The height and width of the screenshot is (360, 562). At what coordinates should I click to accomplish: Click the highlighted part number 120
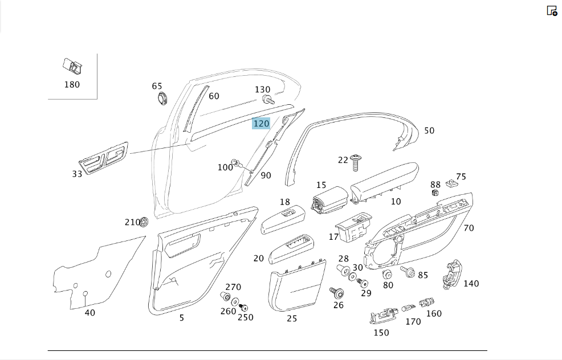tap(261, 124)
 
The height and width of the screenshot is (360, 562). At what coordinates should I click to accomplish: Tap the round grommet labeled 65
tap(163, 97)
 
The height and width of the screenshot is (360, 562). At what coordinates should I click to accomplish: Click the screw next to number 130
tap(268, 100)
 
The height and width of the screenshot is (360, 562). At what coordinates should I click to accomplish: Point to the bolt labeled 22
tap(356, 162)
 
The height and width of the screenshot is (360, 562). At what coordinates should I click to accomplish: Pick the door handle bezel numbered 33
tap(104, 158)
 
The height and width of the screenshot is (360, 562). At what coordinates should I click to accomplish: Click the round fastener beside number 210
tap(144, 222)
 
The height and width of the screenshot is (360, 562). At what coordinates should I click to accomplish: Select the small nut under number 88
tap(435, 193)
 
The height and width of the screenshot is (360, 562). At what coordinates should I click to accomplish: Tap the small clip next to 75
tap(452, 184)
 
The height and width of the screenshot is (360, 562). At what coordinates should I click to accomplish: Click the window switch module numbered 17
tap(354, 227)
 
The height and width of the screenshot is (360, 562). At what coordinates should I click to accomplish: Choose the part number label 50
tap(429, 131)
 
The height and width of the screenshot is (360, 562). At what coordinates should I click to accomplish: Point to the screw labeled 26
tap(337, 293)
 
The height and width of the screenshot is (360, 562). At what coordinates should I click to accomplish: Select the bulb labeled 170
tap(408, 308)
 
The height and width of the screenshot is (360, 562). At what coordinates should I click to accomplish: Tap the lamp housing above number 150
tap(383, 315)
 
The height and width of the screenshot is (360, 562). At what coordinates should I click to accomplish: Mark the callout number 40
tap(90, 313)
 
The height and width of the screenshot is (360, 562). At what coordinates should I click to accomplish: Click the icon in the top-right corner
tap(552, 11)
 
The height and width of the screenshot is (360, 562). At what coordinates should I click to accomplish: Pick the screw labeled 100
tap(235, 163)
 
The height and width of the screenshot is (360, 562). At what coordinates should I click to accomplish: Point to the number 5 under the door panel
tap(182, 318)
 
